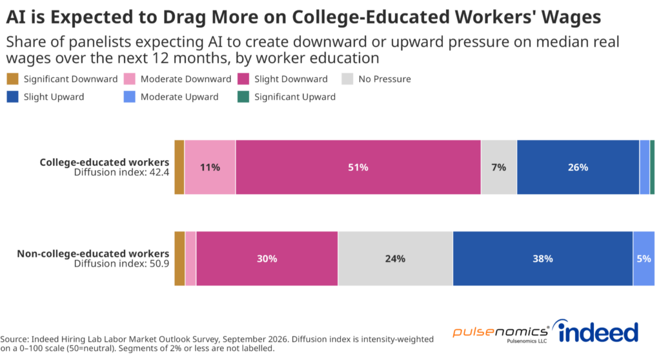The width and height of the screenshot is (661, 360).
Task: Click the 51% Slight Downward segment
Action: click(x=358, y=167)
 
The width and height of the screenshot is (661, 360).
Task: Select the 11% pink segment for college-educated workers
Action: click(x=210, y=167)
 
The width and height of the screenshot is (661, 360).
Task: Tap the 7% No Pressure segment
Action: click(x=499, y=167)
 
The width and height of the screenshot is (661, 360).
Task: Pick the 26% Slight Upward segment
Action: click(x=578, y=167)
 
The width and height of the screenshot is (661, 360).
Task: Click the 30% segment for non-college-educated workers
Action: click(x=267, y=259)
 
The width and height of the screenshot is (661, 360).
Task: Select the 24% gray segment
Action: click(x=396, y=259)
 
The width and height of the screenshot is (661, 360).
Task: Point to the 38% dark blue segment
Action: click(x=543, y=259)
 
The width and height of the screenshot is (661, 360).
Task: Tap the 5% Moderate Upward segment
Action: click(x=644, y=259)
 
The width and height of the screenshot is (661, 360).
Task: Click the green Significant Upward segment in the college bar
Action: click(x=653, y=167)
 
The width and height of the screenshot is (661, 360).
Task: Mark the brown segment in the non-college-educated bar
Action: click(x=179, y=259)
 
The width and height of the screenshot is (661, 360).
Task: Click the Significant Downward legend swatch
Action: click(x=13, y=79)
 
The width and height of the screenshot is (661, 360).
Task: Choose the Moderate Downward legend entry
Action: click(x=178, y=79)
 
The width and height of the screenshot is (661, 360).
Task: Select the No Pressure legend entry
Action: click(x=376, y=79)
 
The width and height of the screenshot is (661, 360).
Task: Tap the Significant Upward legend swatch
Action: click(x=243, y=97)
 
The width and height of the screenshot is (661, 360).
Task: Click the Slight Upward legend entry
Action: click(x=46, y=97)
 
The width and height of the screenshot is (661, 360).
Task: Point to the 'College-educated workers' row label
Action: click(x=105, y=163)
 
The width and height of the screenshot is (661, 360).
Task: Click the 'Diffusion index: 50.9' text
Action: click(x=122, y=263)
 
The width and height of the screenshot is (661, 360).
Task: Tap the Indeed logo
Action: click(x=597, y=332)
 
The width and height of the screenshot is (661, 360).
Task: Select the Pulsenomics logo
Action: click(x=501, y=333)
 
